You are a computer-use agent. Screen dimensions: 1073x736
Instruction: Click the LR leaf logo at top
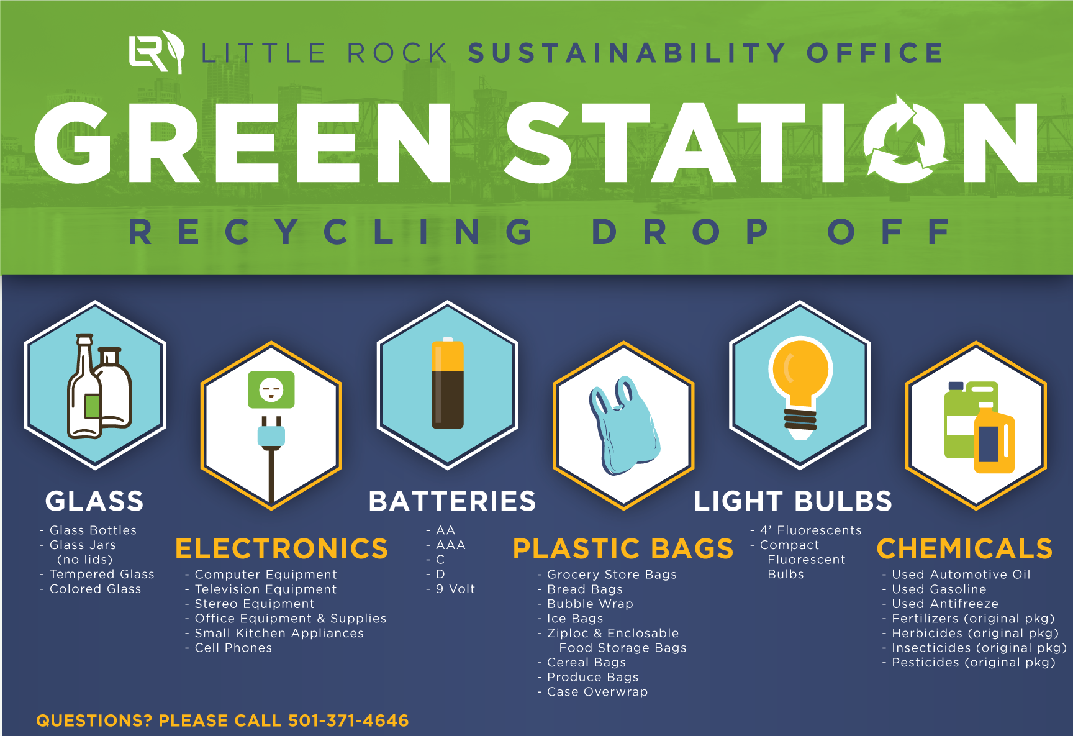(x=156, y=52)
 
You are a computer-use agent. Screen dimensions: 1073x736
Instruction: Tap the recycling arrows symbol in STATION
(x=905, y=142)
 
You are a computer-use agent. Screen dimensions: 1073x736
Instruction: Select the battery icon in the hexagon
(x=448, y=383)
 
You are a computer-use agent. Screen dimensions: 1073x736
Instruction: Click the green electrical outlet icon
(x=271, y=389)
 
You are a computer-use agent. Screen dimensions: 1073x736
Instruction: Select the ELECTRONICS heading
(x=282, y=549)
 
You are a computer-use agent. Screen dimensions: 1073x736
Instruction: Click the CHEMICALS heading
(x=965, y=549)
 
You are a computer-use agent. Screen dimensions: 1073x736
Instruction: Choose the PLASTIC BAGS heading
(x=623, y=549)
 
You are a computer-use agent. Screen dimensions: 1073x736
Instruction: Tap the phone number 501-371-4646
(x=348, y=720)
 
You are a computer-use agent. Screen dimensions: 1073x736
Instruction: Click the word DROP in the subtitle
(x=681, y=232)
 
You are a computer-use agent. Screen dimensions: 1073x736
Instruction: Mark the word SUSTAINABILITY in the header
(x=627, y=53)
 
